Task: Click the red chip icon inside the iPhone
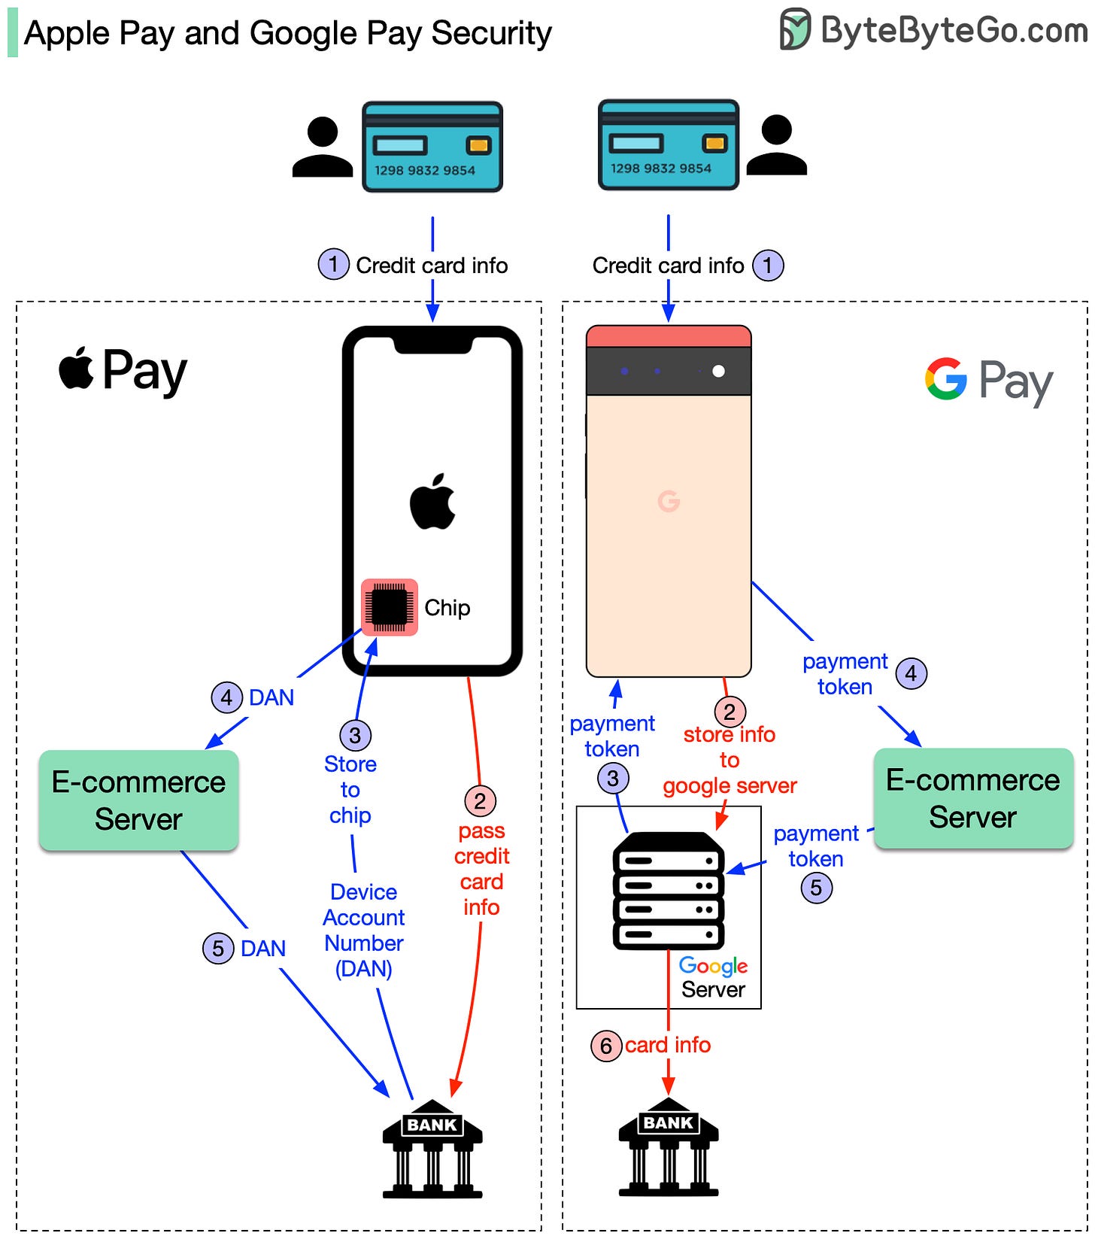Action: pyautogui.click(x=389, y=607)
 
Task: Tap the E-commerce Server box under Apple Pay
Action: pyautogui.click(x=138, y=800)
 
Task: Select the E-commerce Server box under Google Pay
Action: pyautogui.click(x=972, y=798)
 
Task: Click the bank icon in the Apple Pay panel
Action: pyautogui.click(x=432, y=1149)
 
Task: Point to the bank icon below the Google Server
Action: pyautogui.click(x=668, y=1146)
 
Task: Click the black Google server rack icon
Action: pyautogui.click(x=668, y=891)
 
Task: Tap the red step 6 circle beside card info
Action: pyautogui.click(x=606, y=1046)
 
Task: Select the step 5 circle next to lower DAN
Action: pyautogui.click(x=218, y=948)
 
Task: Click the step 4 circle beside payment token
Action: pyautogui.click(x=911, y=673)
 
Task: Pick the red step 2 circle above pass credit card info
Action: pyautogui.click(x=480, y=801)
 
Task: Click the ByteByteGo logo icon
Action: pyautogui.click(x=795, y=29)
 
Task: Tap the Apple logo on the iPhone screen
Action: pyautogui.click(x=432, y=502)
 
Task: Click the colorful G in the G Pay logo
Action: pyautogui.click(x=945, y=378)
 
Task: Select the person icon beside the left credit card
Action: pyautogui.click(x=323, y=147)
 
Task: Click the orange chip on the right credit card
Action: pyautogui.click(x=714, y=143)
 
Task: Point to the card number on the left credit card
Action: pyautogui.click(x=425, y=171)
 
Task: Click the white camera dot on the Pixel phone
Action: pyautogui.click(x=718, y=371)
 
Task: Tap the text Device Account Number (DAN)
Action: pyautogui.click(x=364, y=930)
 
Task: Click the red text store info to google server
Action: pyautogui.click(x=729, y=760)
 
